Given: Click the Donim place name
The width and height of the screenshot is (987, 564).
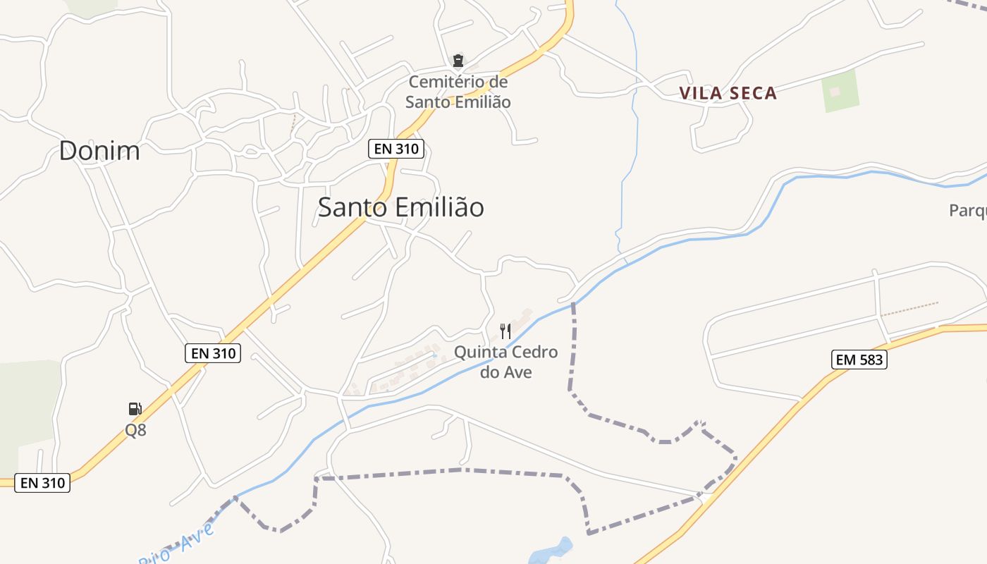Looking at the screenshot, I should click(x=99, y=151).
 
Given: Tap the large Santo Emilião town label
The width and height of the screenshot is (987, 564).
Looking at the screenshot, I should click(x=400, y=207).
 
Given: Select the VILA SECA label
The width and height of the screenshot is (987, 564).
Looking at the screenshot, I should click(x=728, y=93).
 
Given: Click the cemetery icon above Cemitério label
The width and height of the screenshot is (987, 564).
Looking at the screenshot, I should click(x=458, y=61).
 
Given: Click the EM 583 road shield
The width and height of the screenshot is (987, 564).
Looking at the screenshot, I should click(x=858, y=360).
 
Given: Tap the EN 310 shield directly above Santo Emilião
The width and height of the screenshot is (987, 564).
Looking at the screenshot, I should click(x=396, y=149).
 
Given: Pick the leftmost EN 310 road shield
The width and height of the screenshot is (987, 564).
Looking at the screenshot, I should click(x=42, y=483).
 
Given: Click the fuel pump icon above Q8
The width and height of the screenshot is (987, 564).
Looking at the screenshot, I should click(x=135, y=409).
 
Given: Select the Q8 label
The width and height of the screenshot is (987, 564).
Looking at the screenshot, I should click(x=135, y=429).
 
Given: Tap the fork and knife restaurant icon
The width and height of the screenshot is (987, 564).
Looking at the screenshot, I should click(x=505, y=331).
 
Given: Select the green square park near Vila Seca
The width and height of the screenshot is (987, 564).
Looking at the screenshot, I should click(x=840, y=91).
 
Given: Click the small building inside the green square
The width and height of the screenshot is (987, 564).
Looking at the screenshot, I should click(x=835, y=91).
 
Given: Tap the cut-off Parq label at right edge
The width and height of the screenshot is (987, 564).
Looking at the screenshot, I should click(x=967, y=210).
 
